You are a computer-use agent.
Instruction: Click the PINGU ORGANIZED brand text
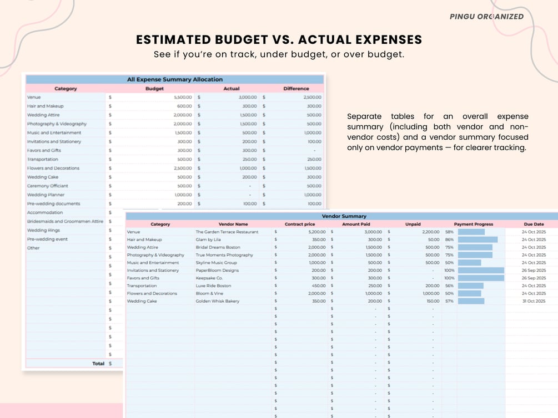pos(486,17)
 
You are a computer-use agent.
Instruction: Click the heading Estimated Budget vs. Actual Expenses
pos(279,40)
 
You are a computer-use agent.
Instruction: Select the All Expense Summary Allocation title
pos(175,79)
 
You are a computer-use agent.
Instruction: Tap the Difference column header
pos(296,89)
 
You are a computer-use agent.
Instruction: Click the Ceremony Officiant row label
pos(47,186)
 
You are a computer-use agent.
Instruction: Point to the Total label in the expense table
pos(98,364)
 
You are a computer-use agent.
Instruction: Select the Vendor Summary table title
pos(344,216)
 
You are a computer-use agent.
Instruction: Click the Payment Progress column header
pos(474,225)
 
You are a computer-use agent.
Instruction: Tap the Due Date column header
pos(534,225)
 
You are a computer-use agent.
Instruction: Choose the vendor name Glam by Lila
pos(208,239)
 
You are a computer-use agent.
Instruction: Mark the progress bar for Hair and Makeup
pos(477,239)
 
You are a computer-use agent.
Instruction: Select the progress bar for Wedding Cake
pos(471,301)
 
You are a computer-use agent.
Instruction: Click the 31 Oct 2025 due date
pos(534,301)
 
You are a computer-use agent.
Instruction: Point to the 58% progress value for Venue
pos(449,232)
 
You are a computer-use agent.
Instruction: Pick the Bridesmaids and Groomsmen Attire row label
pos(66,222)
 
